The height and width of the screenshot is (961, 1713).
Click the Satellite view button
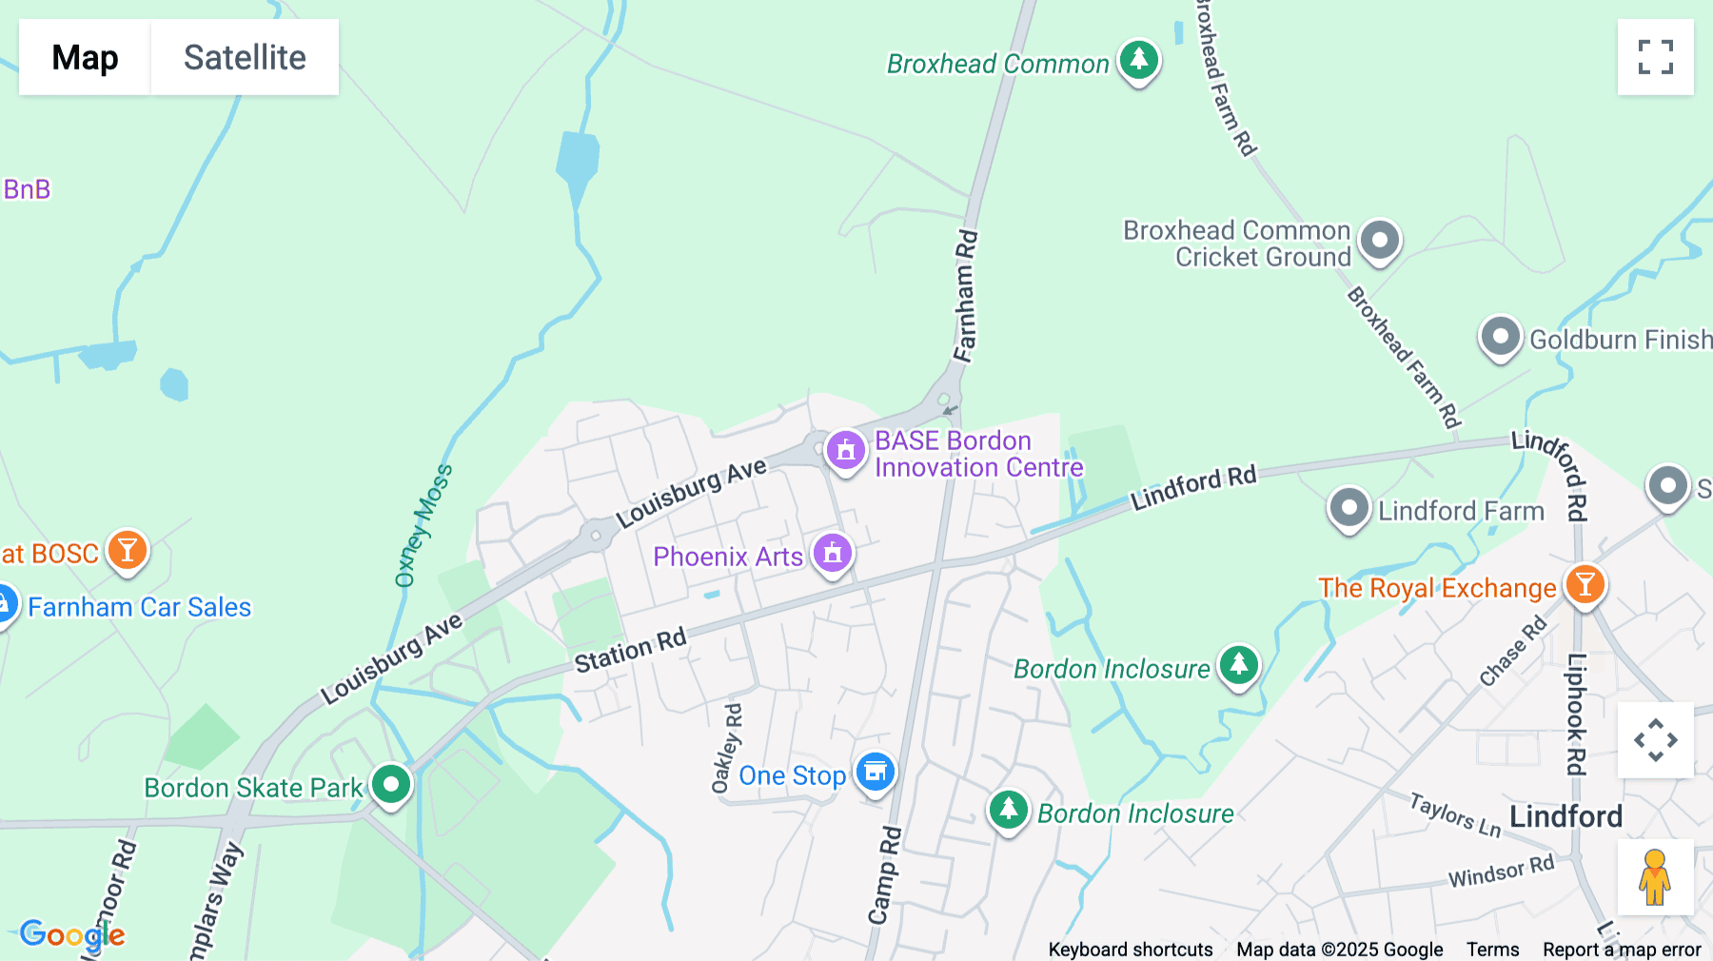[245, 57]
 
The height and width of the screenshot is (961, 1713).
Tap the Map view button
[85, 57]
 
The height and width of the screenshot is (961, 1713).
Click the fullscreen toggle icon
[1655, 57]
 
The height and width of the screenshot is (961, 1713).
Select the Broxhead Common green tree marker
[1138, 60]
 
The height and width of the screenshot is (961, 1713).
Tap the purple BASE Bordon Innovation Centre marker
[845, 450]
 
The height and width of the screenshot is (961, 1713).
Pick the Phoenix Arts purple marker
[833, 553]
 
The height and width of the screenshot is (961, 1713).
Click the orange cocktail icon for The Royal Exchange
[1585, 584]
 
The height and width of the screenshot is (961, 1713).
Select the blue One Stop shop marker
[875, 772]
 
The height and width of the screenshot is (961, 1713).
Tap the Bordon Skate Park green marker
[391, 785]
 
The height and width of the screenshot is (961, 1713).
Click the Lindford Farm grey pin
[1349, 508]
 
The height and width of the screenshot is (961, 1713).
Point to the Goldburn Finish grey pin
[1500, 337]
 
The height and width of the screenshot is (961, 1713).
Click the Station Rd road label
[630, 652]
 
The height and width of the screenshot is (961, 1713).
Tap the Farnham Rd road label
[966, 296]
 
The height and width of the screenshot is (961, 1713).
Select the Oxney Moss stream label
[423, 525]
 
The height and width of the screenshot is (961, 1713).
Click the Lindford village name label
[1565, 816]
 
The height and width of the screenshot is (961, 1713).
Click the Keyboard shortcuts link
[1130, 950]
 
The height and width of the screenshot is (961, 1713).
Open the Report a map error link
[1621, 950]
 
